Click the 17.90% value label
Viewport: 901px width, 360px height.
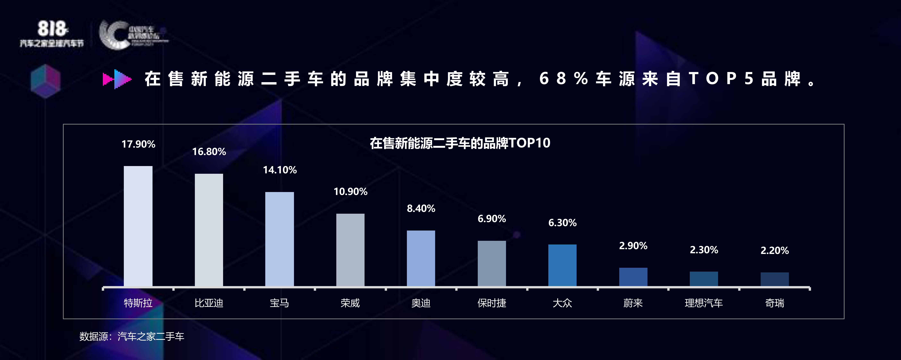(x=138, y=144)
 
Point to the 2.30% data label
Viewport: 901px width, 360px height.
(x=704, y=250)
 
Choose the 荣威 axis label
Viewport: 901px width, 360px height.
(x=350, y=303)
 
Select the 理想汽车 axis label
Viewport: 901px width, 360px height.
(x=704, y=303)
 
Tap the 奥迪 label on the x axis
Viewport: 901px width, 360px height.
(x=421, y=303)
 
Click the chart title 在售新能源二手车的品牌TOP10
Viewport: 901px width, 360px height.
(x=460, y=143)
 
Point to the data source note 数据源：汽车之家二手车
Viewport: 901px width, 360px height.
(x=132, y=337)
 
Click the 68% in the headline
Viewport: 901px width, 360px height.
(x=563, y=79)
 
